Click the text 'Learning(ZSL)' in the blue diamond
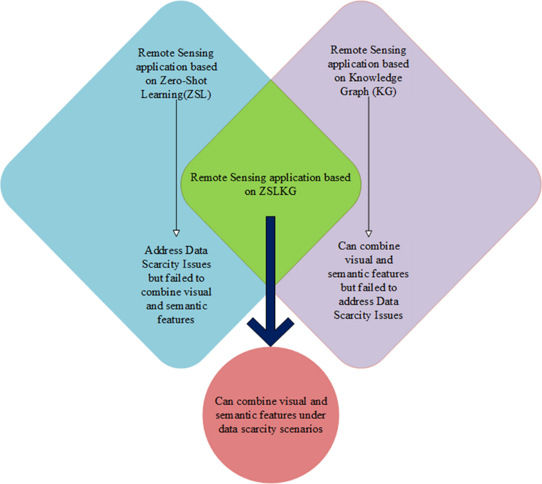point(176,95)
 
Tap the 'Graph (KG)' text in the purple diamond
point(368,92)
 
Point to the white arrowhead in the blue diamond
point(177,233)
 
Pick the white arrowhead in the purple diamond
point(369,233)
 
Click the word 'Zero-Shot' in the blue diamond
point(183,81)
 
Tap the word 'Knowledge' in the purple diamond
point(375,78)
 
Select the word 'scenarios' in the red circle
point(299,429)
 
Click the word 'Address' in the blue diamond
point(164,250)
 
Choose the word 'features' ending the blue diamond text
point(176,320)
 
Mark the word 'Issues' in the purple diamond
point(388,315)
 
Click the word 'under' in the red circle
point(312,415)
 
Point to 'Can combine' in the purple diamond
point(369,246)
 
